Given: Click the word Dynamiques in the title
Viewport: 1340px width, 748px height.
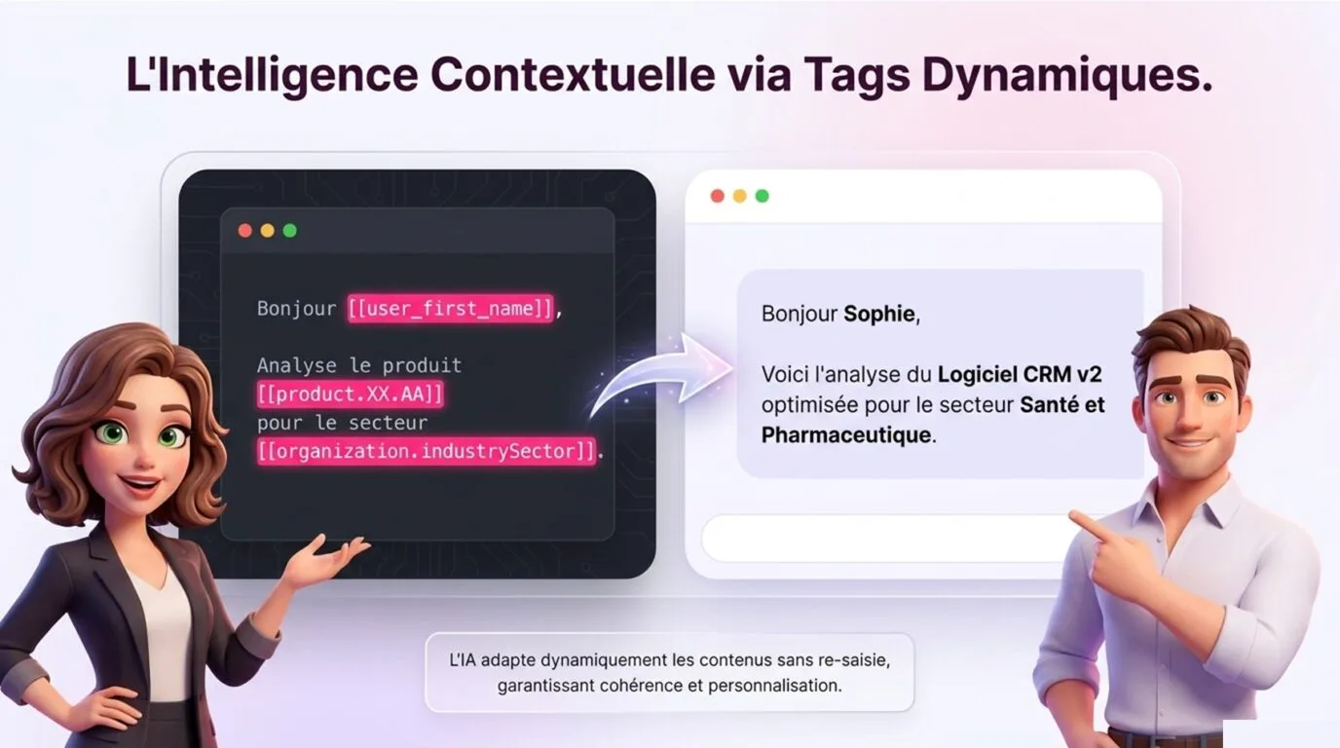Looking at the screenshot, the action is coord(1066,74).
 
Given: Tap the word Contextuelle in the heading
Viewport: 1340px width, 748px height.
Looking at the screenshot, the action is coord(573,74).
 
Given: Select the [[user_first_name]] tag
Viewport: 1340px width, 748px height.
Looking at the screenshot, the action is coord(451,308).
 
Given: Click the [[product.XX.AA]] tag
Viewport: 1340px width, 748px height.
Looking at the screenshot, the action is coord(351,394).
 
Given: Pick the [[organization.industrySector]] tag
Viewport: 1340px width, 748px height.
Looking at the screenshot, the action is coord(427,451).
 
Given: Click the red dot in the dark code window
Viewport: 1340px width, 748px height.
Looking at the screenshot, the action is coord(244,231).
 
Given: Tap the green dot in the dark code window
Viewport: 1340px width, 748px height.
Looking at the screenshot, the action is coord(289,231).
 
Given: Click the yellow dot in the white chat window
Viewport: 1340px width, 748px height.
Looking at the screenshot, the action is coord(740,197).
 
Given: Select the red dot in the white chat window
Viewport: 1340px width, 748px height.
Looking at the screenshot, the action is coord(718,197).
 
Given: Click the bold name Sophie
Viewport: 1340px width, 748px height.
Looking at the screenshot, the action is coord(878,315).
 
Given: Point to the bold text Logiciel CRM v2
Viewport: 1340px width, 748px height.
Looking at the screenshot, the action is coord(1020,375).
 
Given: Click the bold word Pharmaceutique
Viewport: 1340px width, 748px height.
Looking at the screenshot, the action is coord(846,435).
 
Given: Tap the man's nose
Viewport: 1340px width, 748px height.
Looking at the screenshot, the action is coord(1189,416).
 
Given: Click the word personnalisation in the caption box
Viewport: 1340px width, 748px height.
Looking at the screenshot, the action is coord(775,686).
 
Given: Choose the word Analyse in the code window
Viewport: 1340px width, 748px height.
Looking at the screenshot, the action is coord(297,365).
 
